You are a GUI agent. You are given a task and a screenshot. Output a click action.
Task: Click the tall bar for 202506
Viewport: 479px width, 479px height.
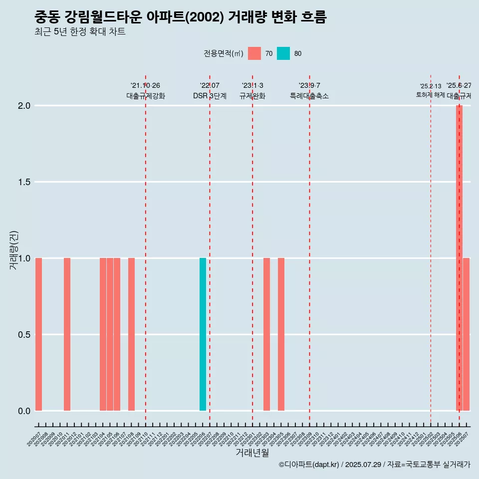click(459, 258)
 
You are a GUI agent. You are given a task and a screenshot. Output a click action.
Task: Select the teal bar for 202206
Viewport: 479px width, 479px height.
click(203, 334)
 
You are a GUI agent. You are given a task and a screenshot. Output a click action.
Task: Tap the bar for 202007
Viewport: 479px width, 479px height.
click(38, 334)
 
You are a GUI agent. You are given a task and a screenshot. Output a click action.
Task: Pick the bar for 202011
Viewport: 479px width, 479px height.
click(67, 334)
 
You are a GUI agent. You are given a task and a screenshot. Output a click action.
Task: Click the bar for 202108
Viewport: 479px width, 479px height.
click(131, 334)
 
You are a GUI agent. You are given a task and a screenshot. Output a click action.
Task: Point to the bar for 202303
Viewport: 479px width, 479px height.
click(267, 334)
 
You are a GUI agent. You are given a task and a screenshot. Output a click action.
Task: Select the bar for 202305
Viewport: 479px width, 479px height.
click(281, 334)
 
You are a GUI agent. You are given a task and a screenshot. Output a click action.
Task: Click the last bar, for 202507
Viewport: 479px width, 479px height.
click(466, 334)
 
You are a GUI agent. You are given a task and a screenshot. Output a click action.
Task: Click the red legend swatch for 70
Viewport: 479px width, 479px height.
click(254, 53)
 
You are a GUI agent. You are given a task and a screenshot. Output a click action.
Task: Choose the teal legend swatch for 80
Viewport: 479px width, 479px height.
click(283, 53)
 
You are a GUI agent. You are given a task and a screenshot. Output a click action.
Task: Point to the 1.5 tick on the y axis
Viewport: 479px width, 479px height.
click(23, 182)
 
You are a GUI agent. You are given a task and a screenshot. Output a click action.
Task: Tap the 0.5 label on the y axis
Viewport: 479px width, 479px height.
click(23, 335)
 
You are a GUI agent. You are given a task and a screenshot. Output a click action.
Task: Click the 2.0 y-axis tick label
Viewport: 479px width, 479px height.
click(23, 106)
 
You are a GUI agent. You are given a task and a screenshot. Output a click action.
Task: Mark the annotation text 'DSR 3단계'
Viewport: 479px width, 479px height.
click(210, 96)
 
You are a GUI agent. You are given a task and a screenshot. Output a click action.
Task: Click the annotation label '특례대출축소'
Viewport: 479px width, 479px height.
click(309, 96)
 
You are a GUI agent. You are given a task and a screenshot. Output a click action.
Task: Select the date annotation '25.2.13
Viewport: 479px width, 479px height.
click(431, 86)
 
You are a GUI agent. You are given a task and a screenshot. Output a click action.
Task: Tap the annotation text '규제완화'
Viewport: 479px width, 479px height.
click(252, 96)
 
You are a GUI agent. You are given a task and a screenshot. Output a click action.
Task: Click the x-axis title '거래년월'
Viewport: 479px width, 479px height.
click(252, 453)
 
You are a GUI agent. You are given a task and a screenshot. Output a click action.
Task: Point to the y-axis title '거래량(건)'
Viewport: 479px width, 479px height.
click(14, 249)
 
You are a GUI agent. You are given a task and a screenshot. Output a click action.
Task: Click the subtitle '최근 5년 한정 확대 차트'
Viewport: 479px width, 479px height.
click(80, 32)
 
